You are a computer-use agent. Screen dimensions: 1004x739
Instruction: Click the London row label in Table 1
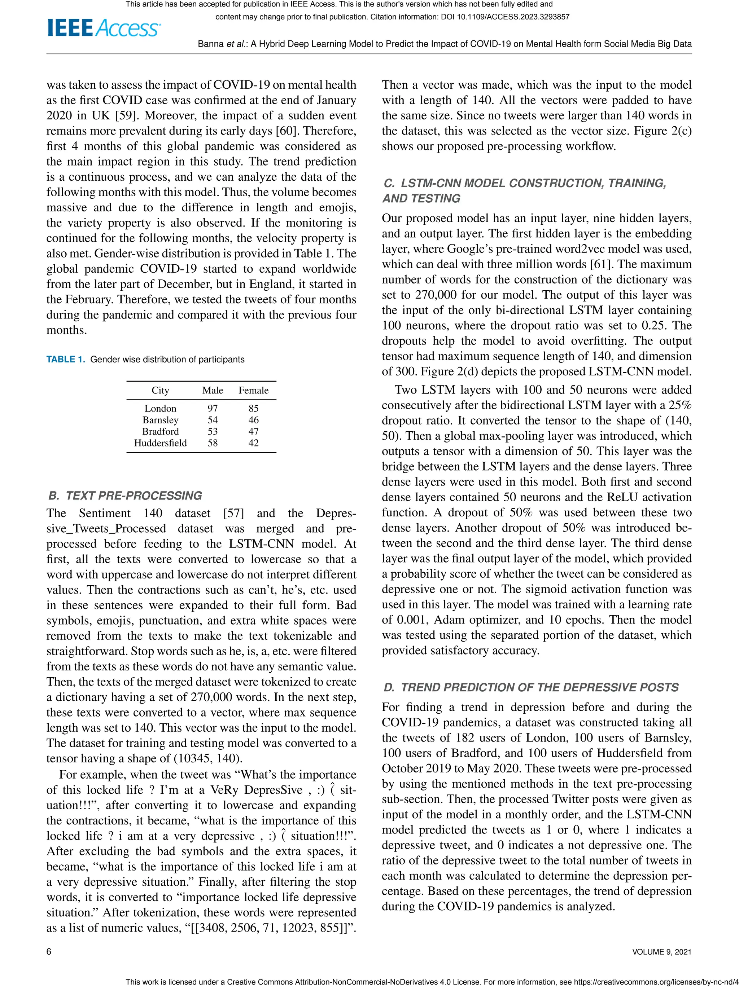pos(160,408)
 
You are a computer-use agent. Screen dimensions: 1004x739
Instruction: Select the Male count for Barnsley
pos(213,420)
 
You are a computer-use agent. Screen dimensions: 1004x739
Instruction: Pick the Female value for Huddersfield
pos(253,442)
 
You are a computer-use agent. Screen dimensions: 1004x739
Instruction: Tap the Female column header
pos(253,390)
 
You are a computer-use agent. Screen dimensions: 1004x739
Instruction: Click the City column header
pos(160,390)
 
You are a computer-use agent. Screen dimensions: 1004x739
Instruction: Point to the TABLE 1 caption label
pos(65,360)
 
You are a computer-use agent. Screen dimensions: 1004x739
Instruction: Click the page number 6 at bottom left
pos(49,951)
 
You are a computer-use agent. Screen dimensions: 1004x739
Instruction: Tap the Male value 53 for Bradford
pos(213,431)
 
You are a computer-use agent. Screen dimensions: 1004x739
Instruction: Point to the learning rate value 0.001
pos(412,620)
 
